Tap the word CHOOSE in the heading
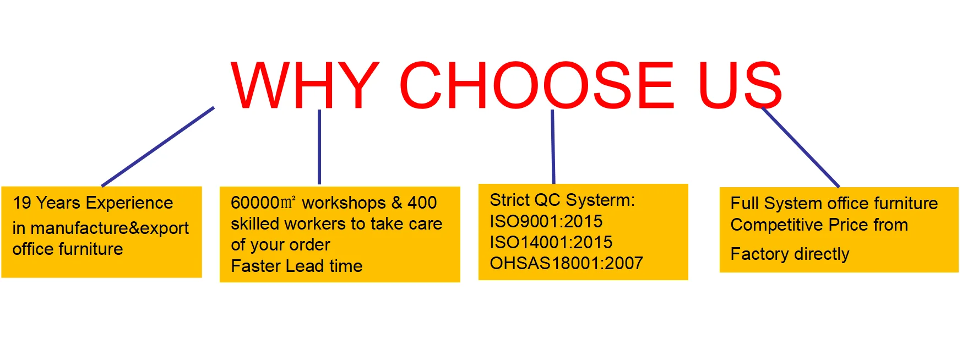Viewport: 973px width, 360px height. pyautogui.click(x=537, y=85)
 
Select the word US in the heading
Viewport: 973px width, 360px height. pyautogui.click(x=740, y=85)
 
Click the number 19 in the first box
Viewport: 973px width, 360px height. pyautogui.click(x=22, y=203)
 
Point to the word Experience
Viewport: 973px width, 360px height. pyautogui.click(x=129, y=204)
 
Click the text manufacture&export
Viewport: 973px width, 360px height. pyautogui.click(x=110, y=228)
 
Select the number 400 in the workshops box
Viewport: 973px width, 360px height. pyautogui.click(x=422, y=203)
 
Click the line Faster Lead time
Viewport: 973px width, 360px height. pyautogui.click(x=297, y=266)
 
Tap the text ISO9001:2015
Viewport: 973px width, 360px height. pyautogui.click(x=546, y=221)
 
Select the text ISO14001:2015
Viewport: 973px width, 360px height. pyautogui.click(x=551, y=242)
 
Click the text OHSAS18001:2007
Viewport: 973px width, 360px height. pyautogui.click(x=567, y=263)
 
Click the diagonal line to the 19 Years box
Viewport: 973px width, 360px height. pyautogui.click(x=158, y=146)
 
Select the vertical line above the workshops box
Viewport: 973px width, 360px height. pyautogui.click(x=319, y=147)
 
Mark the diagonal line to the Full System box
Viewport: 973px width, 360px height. pyautogui.click(x=801, y=148)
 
